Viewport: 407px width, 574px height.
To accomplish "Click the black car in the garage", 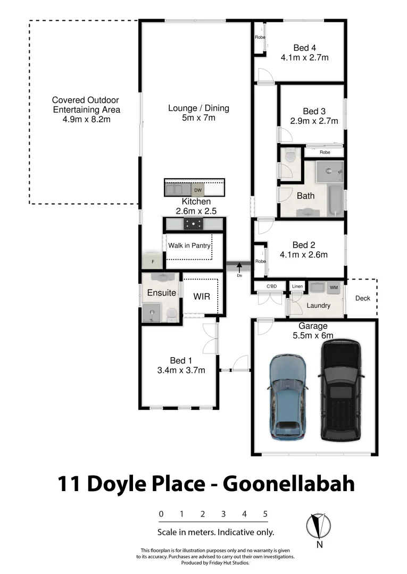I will pos(341,391).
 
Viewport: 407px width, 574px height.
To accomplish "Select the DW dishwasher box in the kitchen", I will pos(198,190).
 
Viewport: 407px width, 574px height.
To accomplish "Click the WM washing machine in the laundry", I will pos(334,288).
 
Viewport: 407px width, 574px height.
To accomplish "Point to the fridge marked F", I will pos(153,261).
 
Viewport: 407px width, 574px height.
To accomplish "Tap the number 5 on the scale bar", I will pos(265,514).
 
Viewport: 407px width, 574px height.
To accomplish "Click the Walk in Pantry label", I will pos(189,246).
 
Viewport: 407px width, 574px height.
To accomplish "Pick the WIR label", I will pos(202,297).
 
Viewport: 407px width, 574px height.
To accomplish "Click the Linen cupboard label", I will pos(297,287).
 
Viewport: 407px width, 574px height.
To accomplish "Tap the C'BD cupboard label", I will pos(272,287).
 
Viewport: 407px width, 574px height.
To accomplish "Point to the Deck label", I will pos(363,298).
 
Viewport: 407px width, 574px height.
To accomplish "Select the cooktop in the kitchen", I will pos(193,224).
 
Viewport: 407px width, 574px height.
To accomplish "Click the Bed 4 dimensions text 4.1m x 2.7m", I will pos(304,57).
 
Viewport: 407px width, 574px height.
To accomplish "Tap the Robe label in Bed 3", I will pos(325,152).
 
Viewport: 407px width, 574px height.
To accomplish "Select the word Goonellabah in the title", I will pos(288,484).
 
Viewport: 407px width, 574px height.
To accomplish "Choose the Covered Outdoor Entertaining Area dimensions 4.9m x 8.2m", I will pos(86,120).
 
